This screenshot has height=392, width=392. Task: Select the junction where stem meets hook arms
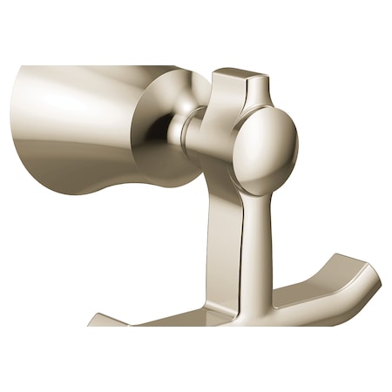(253, 305)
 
